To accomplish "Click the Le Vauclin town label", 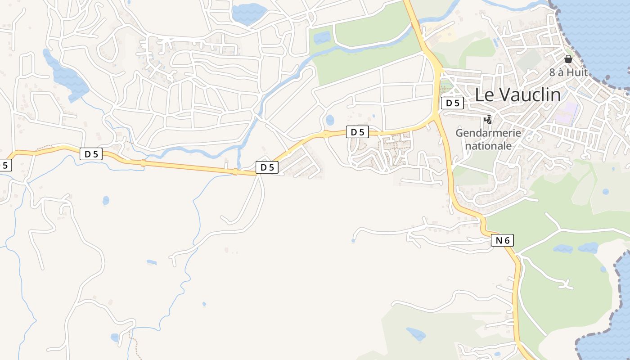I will [x=518, y=95].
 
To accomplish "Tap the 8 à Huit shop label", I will [x=568, y=72].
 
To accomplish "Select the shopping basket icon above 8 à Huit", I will [x=568, y=59].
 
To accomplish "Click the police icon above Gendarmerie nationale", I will [x=488, y=119].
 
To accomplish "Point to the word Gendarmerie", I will [x=488, y=133].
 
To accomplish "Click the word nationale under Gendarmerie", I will [x=488, y=146].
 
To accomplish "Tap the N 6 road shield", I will [x=502, y=241].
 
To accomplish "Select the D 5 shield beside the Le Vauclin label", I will [x=452, y=103].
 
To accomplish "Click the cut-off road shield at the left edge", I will [x=4, y=165].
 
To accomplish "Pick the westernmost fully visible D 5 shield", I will [x=91, y=154].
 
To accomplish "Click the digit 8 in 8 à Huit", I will [x=552, y=72].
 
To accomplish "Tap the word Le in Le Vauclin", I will [x=485, y=95].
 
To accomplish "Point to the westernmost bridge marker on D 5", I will [x=144, y=163].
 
